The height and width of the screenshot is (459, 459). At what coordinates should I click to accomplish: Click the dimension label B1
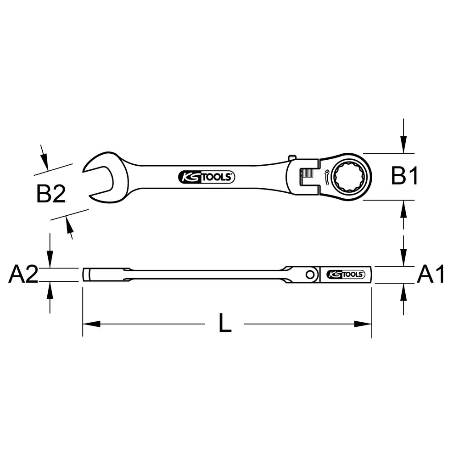click(x=404, y=176)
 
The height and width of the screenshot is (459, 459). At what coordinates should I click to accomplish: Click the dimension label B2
click(x=51, y=194)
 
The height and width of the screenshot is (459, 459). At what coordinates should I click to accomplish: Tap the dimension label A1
click(x=431, y=274)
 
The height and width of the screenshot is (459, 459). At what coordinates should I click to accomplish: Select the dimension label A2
click(x=23, y=274)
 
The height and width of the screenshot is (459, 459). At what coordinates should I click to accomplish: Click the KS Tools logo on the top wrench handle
click(x=207, y=177)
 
